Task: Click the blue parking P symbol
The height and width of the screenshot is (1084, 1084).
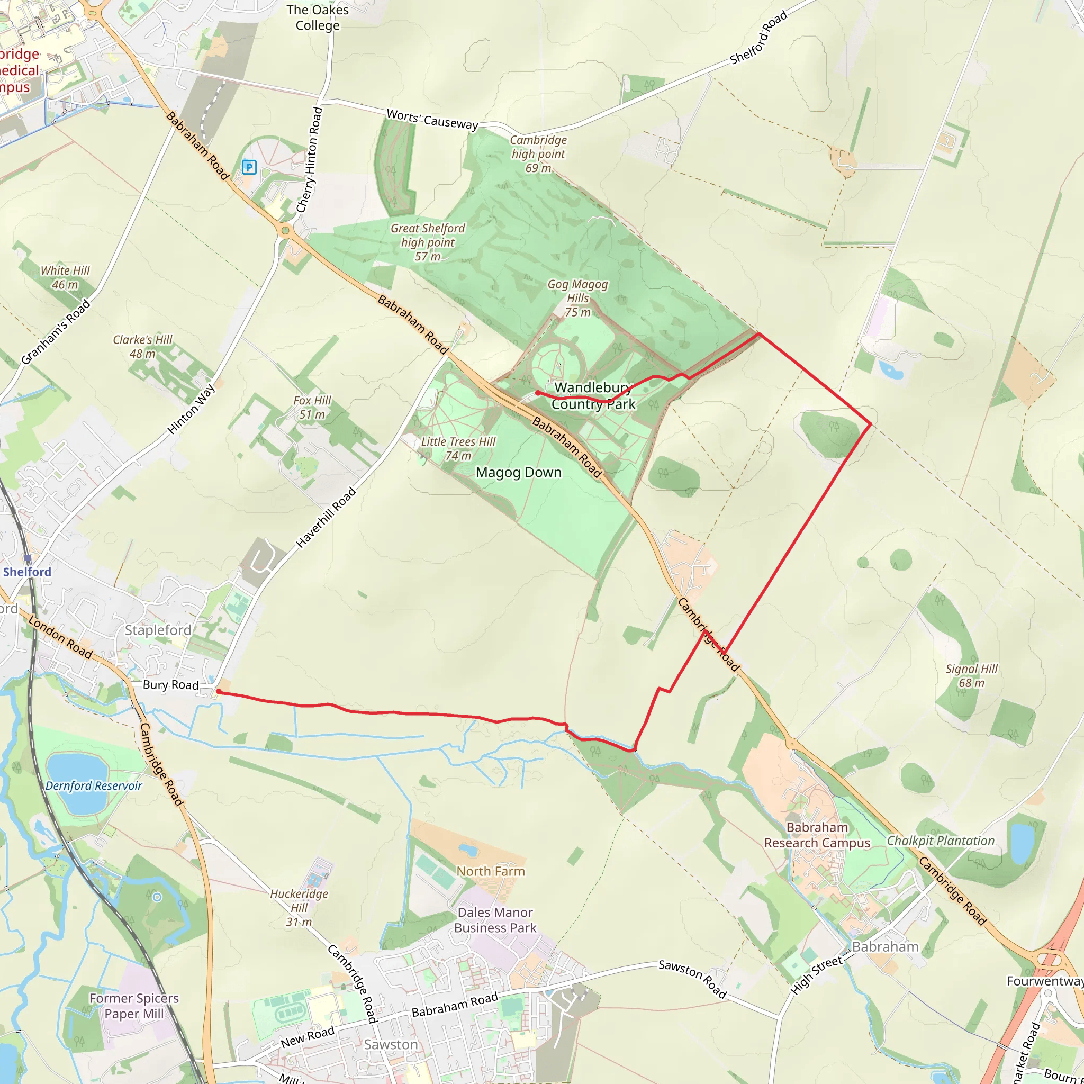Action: pos(249,167)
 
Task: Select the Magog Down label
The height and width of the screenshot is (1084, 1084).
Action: pos(518,473)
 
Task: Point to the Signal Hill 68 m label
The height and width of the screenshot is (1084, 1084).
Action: pos(972,675)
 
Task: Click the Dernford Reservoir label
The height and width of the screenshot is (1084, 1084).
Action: pos(94,785)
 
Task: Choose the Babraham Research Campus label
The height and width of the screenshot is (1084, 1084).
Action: pos(817,835)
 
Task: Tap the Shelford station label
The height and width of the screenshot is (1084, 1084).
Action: pos(27,572)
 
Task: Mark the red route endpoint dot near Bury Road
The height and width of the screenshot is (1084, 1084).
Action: pos(219,692)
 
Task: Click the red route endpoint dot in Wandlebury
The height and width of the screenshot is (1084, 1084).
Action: pos(538,393)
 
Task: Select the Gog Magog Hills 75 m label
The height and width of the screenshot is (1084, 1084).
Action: pos(577,298)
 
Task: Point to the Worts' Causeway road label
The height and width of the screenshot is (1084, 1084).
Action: pos(432,120)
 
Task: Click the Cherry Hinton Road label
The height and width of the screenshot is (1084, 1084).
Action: pos(309,160)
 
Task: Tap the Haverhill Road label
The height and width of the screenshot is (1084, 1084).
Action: pos(326,517)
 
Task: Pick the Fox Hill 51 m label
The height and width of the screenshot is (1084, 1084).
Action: pos(312,408)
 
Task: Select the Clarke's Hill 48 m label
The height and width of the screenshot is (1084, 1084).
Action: pos(142,347)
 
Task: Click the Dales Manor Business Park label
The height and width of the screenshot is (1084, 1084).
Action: pos(495,920)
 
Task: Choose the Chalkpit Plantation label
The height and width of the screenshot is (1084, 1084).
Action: pos(941,841)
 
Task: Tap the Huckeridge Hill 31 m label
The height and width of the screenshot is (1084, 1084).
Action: pos(299,908)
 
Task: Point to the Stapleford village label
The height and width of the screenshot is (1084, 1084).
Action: pos(158,630)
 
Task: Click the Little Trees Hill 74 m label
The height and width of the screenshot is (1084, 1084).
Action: pos(458,449)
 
